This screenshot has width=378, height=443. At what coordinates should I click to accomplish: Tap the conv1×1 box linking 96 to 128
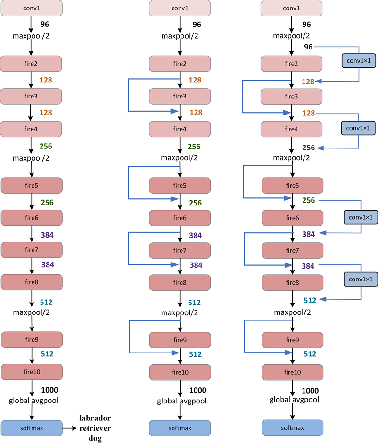(x=358, y=61)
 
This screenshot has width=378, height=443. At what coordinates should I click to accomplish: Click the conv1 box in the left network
(x=31, y=8)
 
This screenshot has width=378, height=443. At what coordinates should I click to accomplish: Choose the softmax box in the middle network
(x=180, y=428)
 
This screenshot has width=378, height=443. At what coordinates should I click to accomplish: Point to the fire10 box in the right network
(x=292, y=372)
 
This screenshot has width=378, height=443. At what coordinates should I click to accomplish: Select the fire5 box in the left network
(x=32, y=185)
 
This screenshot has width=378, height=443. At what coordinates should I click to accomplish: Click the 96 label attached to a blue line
(x=308, y=47)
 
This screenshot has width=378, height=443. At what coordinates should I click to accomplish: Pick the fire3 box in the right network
(x=292, y=96)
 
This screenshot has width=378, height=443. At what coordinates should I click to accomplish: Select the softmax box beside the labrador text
(x=32, y=428)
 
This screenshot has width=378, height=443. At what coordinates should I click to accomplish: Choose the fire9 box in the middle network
(x=180, y=340)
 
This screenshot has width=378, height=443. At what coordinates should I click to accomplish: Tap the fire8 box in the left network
(x=32, y=282)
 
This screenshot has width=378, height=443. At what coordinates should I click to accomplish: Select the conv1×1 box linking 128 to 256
(x=358, y=128)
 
